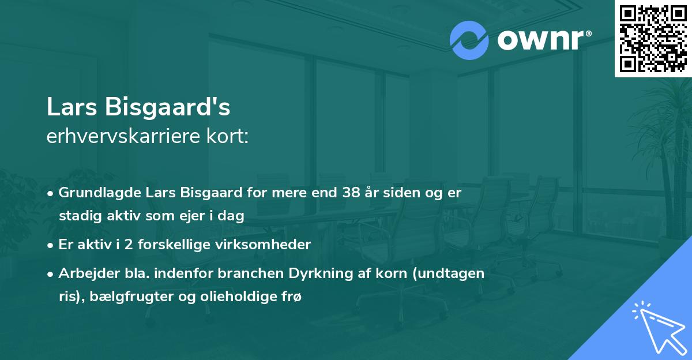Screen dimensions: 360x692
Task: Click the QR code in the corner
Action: pos(653,39)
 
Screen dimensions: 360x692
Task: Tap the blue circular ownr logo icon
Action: pos(469,40)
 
